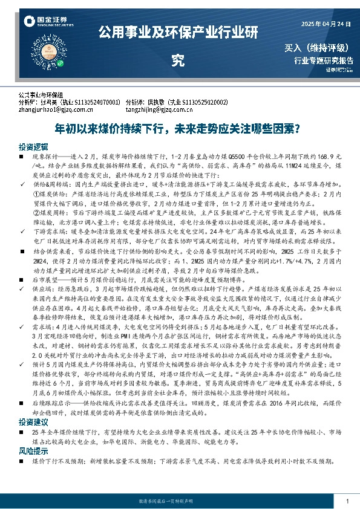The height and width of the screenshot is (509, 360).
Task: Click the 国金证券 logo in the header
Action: [x=45, y=22]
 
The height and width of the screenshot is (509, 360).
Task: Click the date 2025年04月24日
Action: [x=326, y=23]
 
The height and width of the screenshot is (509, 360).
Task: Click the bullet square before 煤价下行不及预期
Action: [x=21, y=460]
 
